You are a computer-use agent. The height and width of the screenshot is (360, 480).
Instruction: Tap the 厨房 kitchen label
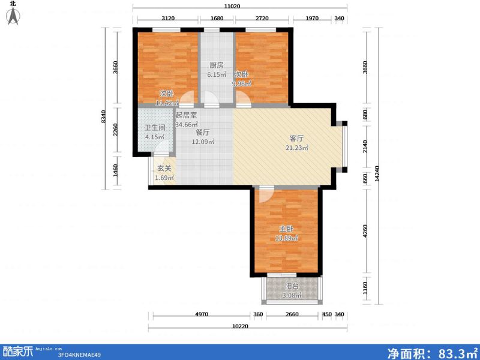(x=217, y=65)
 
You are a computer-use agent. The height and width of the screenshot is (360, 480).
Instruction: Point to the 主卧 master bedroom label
(x=286, y=229)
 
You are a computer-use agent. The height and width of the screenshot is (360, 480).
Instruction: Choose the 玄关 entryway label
(x=164, y=169)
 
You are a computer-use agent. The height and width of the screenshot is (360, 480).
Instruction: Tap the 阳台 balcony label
(x=292, y=286)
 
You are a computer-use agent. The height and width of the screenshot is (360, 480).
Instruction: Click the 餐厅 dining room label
(x=202, y=132)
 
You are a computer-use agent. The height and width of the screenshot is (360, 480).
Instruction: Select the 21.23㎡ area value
(x=296, y=148)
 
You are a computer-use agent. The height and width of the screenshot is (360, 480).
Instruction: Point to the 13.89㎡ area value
(x=286, y=239)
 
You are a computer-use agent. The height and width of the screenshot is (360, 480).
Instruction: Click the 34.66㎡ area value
(x=187, y=124)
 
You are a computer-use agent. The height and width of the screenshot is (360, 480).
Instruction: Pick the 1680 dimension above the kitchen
(x=217, y=19)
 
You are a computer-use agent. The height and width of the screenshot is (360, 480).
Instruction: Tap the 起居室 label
(x=186, y=115)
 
